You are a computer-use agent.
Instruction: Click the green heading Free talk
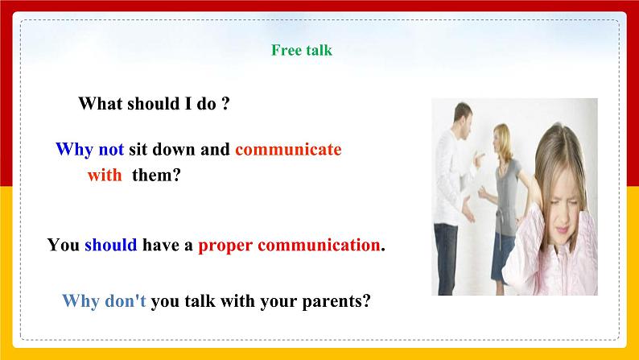point(302,50)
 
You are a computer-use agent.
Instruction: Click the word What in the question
point(101,103)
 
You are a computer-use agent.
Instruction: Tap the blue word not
point(111,149)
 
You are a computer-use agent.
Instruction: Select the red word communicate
point(288,149)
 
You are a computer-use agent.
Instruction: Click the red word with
point(105,175)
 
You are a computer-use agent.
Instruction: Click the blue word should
point(111,245)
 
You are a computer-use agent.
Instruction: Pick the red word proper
point(225,246)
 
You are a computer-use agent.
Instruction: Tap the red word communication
point(319,245)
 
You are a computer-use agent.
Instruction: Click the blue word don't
point(126,301)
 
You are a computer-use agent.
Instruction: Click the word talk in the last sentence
point(200,301)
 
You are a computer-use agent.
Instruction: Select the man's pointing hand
point(480,158)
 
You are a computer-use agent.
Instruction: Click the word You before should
point(63,245)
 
